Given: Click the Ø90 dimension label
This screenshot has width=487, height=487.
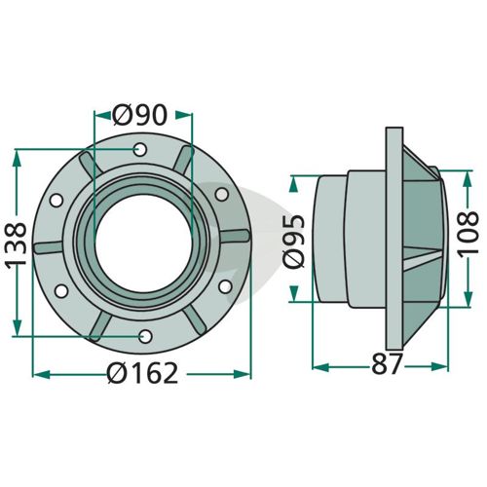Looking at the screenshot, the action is (140, 115).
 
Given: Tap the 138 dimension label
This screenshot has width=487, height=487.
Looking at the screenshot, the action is (16, 243).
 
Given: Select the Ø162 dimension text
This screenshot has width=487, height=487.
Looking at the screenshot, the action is (143, 374).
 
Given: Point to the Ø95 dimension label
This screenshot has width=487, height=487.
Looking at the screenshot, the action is (294, 241).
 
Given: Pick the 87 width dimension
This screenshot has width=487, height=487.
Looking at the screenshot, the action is (387, 364).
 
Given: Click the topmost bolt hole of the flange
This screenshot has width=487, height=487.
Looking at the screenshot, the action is (140, 150).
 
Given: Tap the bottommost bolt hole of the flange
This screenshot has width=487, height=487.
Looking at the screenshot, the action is (146, 336).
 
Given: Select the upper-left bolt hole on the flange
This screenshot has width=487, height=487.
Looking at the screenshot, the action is (56, 201).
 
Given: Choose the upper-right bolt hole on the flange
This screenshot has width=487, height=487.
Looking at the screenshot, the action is (222, 194).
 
